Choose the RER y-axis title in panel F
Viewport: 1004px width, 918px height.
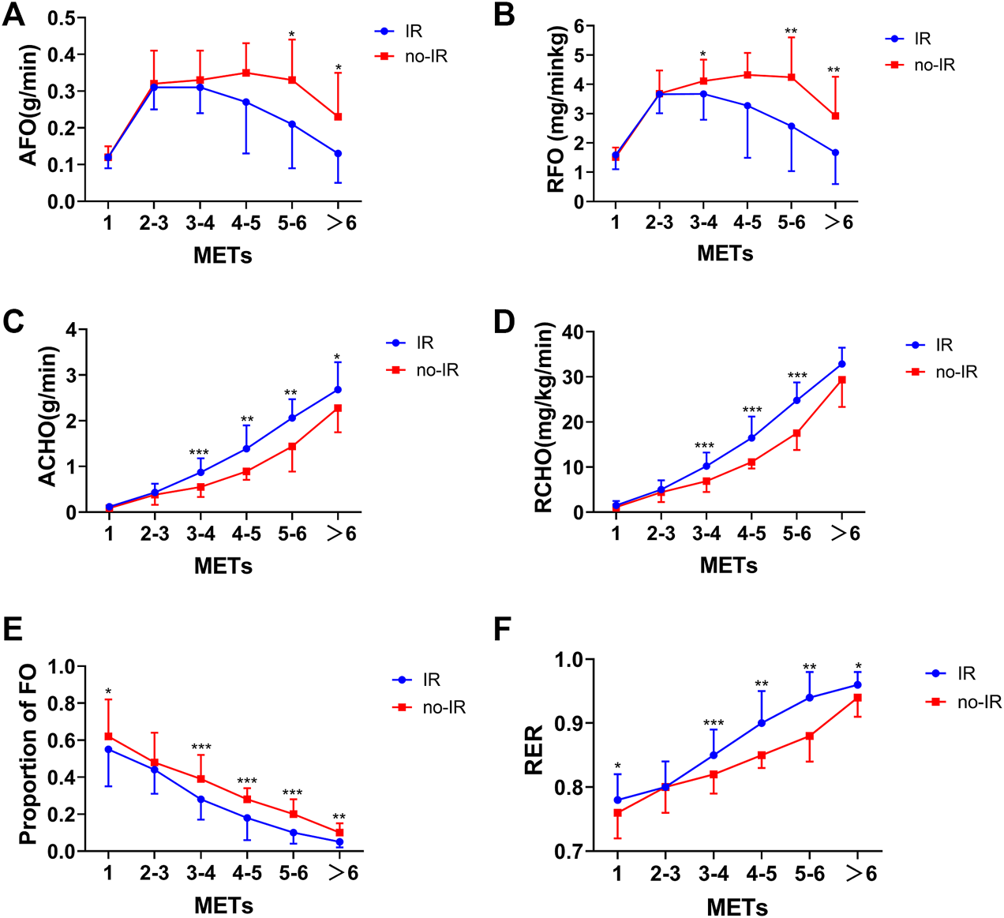534,750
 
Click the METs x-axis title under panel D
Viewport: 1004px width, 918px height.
729,565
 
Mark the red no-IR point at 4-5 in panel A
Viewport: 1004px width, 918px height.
246,73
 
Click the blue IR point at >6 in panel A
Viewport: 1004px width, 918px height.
338,154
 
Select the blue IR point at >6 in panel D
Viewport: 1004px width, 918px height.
842,364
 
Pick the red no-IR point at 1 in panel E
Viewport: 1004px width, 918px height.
108,736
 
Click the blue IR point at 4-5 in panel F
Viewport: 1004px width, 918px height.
762,723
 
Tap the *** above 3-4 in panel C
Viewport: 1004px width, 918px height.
199,453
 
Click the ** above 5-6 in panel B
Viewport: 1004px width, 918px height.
791,32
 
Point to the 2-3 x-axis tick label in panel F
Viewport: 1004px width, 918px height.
665,873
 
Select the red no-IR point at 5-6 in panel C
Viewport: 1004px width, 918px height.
292,447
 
